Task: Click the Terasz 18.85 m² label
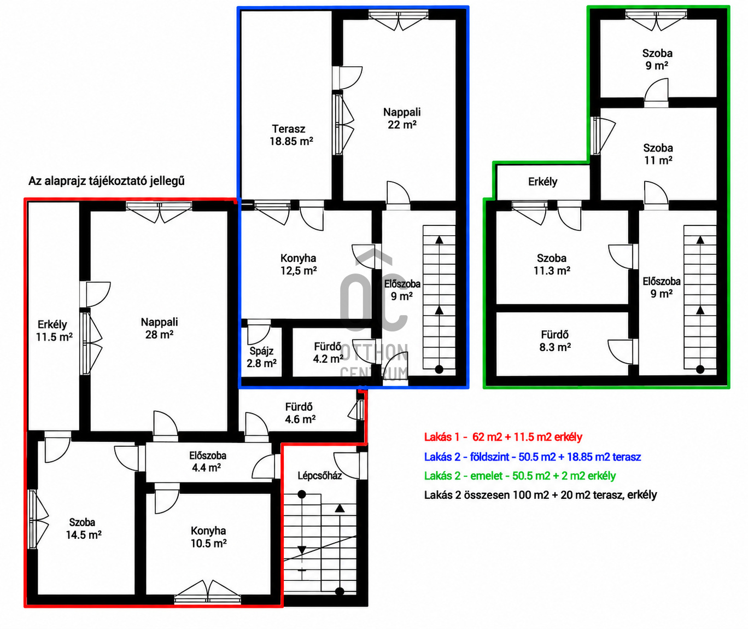point(291,135)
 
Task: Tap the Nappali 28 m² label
point(160,328)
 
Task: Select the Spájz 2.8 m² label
point(261,357)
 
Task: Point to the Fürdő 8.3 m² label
point(555,341)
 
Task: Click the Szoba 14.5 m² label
point(84,529)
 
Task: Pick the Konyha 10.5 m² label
point(208,537)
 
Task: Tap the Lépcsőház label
point(319,476)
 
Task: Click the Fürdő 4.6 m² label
point(300,413)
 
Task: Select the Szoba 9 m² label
point(657,60)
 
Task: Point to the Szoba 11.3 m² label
point(552,265)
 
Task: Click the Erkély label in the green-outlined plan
point(543,182)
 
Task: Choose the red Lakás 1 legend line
point(503,437)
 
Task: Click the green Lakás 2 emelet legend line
point(520,476)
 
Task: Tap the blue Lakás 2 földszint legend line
point(533,457)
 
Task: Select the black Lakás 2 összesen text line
point(540,495)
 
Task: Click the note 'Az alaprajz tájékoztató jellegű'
point(107,181)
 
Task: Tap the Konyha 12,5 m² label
point(299,265)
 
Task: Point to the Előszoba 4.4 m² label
point(208,462)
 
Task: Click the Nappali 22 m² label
point(402,118)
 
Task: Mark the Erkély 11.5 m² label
point(54,331)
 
